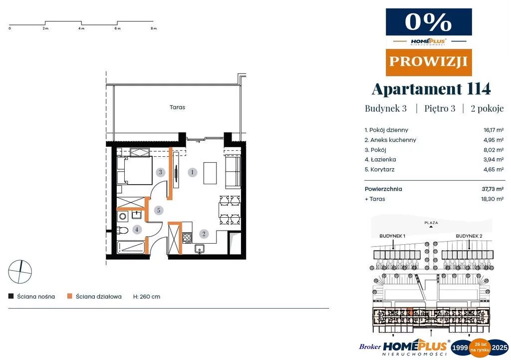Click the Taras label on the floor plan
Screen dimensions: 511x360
(x=177, y=107)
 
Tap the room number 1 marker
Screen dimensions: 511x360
(x=192, y=172)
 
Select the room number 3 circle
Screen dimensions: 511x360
(x=160, y=172)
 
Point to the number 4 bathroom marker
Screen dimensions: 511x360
(x=137, y=230)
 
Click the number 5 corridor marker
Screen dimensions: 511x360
(x=159, y=210)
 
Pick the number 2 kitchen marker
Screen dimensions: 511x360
(x=204, y=234)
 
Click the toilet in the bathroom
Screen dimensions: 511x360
(x=122, y=230)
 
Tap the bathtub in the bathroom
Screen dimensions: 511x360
(x=131, y=247)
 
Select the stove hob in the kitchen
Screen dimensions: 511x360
(x=187, y=237)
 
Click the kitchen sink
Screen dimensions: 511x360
(x=200, y=249)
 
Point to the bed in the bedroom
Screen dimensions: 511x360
(x=135, y=170)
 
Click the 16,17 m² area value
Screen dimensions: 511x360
(x=494, y=130)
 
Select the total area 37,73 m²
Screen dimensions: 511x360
(x=493, y=189)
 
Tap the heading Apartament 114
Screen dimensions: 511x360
(x=431, y=89)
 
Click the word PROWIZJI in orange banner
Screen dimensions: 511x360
(x=429, y=61)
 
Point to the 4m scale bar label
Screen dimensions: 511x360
(x=81, y=28)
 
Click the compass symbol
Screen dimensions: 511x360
(x=20, y=272)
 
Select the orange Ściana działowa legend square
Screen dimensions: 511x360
(x=69, y=297)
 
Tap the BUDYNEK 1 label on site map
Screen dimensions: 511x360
(x=392, y=236)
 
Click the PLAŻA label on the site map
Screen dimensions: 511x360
(x=431, y=223)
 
